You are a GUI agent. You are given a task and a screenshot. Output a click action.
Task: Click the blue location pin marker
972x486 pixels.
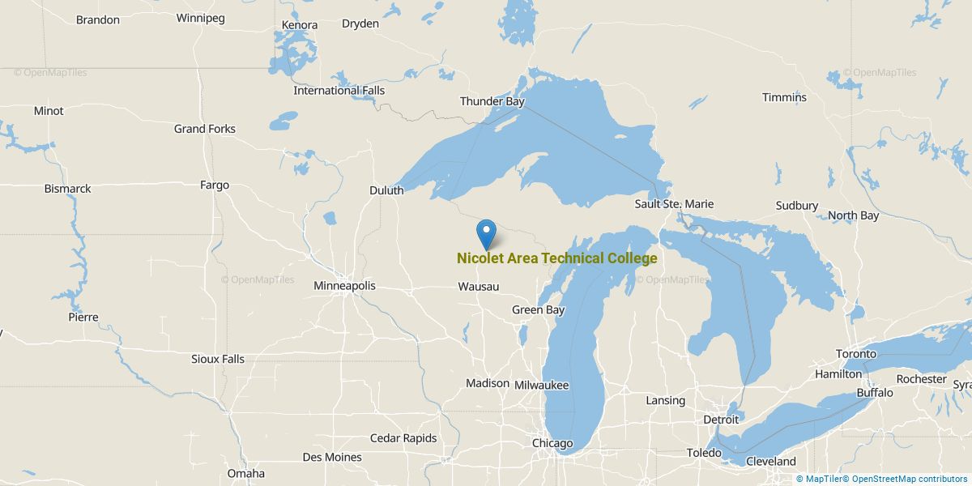coord(487,232)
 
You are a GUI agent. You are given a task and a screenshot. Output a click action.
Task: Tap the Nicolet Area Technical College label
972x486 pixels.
coord(556,258)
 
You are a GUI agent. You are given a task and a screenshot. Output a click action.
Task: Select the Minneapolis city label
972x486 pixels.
coord(344,286)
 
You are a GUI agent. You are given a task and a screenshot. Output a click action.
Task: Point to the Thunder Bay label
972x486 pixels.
coord(492,101)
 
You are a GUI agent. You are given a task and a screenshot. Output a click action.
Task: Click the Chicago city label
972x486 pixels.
coord(552,443)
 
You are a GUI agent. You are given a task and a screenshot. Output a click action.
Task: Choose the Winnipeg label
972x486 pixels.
coord(200,18)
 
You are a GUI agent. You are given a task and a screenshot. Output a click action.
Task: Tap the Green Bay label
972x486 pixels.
coord(538,309)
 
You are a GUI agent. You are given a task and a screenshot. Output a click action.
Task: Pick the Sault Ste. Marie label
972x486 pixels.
coord(674,204)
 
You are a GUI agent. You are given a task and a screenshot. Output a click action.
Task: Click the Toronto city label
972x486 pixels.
coord(856,354)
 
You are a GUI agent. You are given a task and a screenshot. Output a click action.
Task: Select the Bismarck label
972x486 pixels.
coord(68,189)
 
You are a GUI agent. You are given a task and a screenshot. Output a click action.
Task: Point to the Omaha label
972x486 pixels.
coord(245,473)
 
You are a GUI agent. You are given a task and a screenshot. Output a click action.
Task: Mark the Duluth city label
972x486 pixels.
coord(386,190)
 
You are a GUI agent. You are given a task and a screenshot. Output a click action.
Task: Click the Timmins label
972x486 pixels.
coord(784,97)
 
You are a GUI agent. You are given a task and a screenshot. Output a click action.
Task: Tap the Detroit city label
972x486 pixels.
coord(721,420)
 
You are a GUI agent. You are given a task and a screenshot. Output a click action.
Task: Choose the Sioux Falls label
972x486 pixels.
coord(218,359)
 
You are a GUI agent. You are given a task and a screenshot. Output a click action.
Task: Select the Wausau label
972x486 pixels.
coord(478,287)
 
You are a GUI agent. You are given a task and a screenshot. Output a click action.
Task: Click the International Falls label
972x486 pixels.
coord(339,91)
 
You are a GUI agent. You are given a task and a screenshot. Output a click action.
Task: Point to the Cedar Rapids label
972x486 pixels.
coord(403,438)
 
